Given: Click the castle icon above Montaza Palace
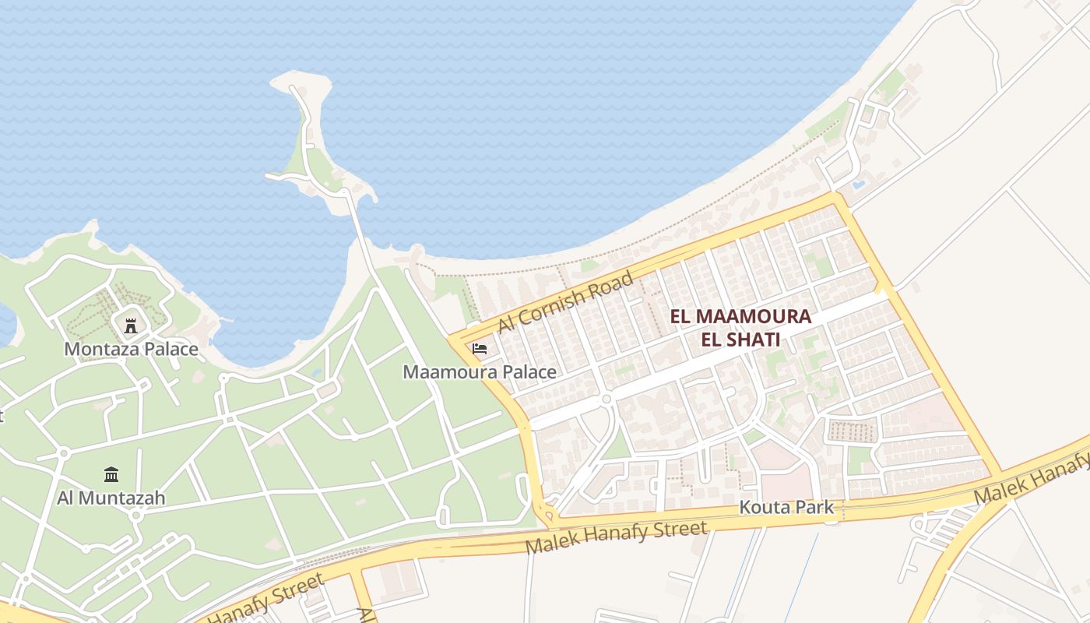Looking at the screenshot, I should click(x=131, y=326).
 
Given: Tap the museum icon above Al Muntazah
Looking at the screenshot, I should click(x=111, y=474).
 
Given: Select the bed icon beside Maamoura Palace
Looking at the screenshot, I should click(x=480, y=349).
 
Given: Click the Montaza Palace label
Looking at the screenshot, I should click(x=131, y=349).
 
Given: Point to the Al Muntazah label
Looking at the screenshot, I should click(x=111, y=497).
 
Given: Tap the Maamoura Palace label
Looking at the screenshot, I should click(x=480, y=372).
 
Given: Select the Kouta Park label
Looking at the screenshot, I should click(x=786, y=509).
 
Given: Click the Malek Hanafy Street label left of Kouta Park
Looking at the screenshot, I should click(x=617, y=537).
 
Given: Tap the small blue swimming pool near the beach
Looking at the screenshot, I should click(x=858, y=185).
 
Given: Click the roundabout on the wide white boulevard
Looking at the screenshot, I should click(x=606, y=399).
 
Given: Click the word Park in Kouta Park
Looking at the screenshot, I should click(x=816, y=509).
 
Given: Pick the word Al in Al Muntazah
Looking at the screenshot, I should click(x=66, y=497).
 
